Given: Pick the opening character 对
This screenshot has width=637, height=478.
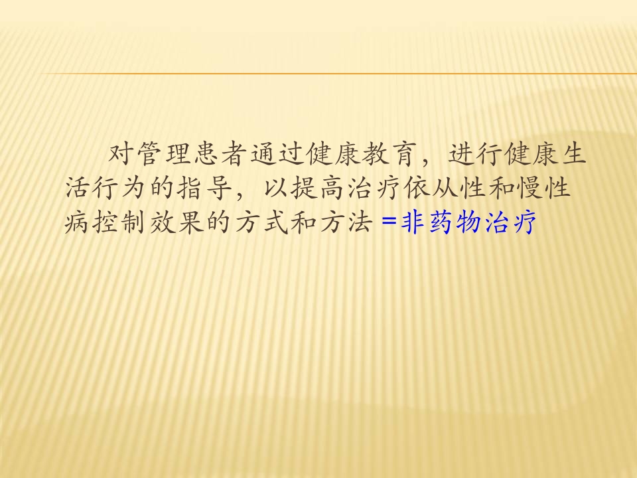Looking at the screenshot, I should pyautogui.click(x=121, y=155).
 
